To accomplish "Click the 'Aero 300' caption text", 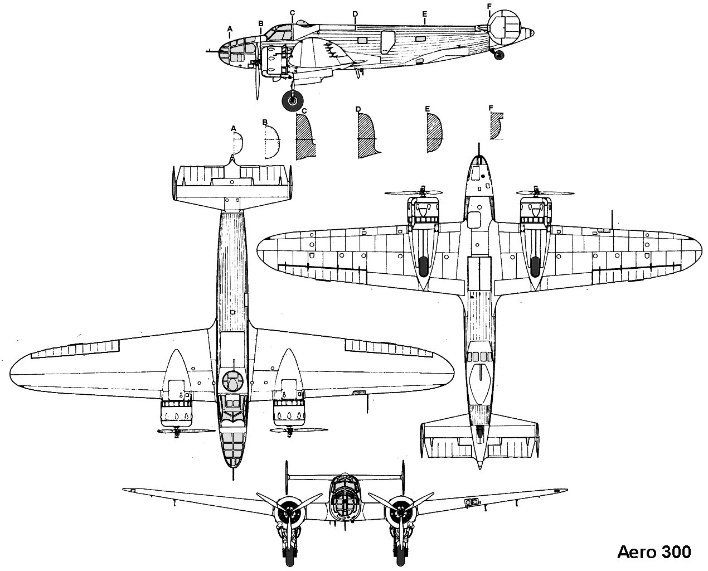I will point(654,551).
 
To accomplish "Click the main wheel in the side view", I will point(293,101).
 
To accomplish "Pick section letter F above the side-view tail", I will point(489,7).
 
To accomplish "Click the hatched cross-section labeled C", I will point(304,137).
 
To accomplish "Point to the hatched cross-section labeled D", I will point(366,136).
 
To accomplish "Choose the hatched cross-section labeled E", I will point(434,134).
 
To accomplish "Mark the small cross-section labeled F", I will point(494,127).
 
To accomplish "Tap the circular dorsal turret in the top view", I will point(233,381).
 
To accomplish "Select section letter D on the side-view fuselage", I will point(355,12).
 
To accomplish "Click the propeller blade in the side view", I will point(257,84).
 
